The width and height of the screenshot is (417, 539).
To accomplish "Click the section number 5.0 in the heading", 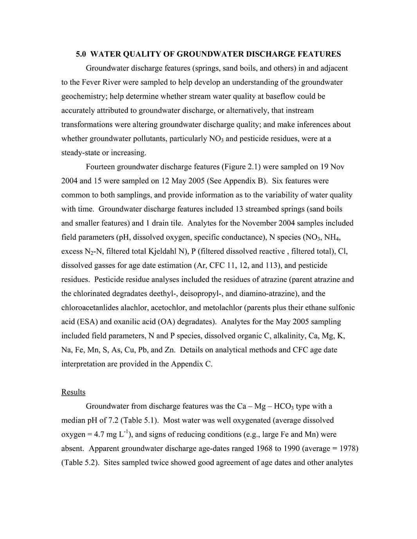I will [x=81, y=54].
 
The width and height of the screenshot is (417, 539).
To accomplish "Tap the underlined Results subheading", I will [x=73, y=392].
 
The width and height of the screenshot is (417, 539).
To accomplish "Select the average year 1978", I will [x=347, y=448].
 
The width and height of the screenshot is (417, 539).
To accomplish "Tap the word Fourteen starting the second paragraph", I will [x=100, y=167].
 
